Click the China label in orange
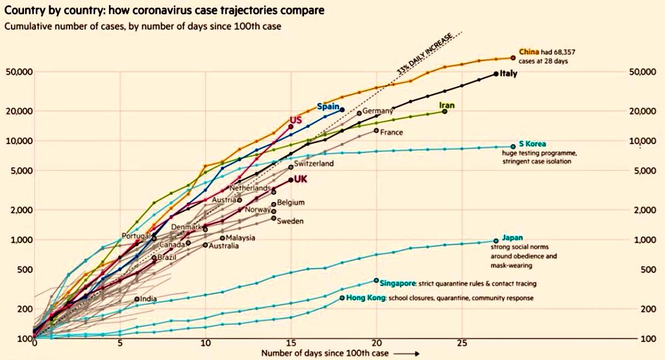pyautogui.click(x=527, y=51)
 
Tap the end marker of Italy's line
pyautogui.click(x=496, y=74)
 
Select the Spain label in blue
pyautogui.click(x=329, y=107)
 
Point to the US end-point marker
pyautogui.click(x=290, y=127)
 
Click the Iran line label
pyautogui.click(x=447, y=105)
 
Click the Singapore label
pyautogui.click(x=397, y=283)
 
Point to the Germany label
pyautogui.click(x=378, y=111)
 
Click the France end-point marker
pyautogui.click(x=376, y=131)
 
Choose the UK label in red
pyautogui.click(x=301, y=179)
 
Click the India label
pyautogui.click(x=148, y=299)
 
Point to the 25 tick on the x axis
pyautogui.click(x=462, y=342)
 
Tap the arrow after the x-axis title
pyautogui.click(x=403, y=354)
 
